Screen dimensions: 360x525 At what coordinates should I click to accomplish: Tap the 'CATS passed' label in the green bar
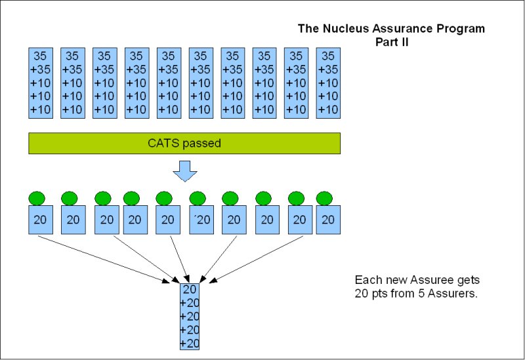point(184,143)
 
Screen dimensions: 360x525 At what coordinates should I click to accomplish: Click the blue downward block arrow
point(184,171)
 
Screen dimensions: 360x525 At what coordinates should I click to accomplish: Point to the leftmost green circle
point(37,198)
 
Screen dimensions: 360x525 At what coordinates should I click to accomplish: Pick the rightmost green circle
point(324,198)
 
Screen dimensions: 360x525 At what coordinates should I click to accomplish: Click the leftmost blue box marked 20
point(40,220)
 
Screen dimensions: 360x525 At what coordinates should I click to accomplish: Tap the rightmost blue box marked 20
point(328,220)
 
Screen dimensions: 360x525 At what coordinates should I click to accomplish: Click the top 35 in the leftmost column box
point(41,56)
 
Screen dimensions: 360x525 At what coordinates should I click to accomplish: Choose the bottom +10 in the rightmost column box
point(328,110)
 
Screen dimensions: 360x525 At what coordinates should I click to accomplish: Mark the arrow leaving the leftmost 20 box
point(98,258)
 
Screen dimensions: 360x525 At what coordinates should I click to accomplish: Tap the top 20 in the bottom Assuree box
point(190,289)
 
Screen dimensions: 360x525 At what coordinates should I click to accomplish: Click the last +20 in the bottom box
point(190,343)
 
